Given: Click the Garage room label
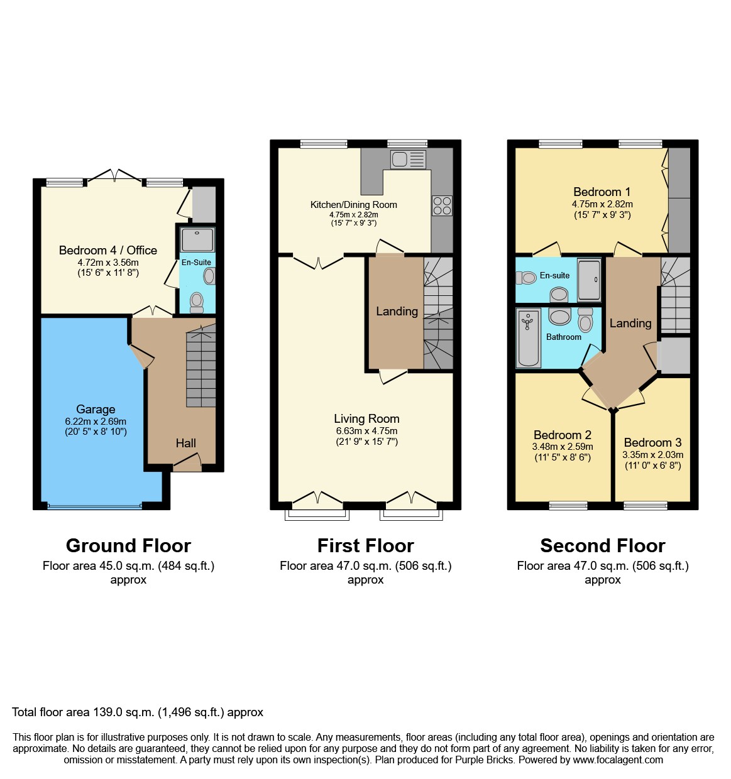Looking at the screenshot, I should point(96,409).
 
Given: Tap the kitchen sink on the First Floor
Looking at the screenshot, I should point(407,160).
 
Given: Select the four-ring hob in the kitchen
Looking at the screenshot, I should point(442,206).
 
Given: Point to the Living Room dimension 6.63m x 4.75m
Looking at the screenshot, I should point(366,431).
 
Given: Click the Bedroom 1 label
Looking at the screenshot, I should point(602,192).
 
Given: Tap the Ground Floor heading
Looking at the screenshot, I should point(128,545).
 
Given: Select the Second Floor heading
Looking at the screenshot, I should point(602,545).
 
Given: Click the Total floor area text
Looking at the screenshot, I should point(138,712).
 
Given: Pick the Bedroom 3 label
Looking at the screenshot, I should point(652,442).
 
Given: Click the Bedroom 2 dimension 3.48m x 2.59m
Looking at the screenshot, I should point(562,447).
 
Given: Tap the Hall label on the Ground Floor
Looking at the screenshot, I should point(185,443).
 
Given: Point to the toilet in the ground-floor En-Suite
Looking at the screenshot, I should point(197,302).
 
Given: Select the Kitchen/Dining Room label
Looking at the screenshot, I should point(353,204).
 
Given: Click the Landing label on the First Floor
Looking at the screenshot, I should point(397,311).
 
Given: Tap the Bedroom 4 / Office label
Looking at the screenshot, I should point(108,250).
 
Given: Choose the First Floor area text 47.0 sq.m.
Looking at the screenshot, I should point(365,565).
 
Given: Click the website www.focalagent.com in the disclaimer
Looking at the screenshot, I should point(617,760).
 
